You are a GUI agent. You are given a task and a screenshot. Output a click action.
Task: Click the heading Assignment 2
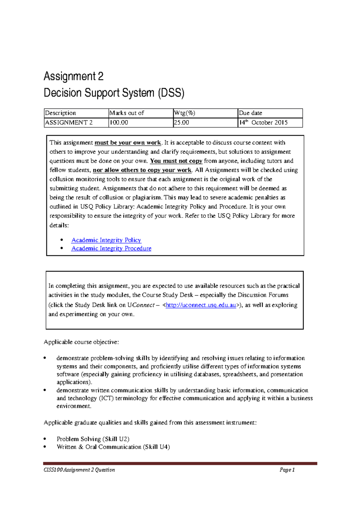pos(73,76)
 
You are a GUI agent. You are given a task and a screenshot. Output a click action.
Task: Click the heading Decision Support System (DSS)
pos(114,93)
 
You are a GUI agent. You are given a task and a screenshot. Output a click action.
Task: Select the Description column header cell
pos(60,113)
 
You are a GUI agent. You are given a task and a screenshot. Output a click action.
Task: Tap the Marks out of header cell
pos(127,113)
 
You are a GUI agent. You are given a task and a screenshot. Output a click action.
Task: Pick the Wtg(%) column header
pos(184,113)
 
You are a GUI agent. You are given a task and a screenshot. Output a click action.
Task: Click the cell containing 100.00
pos(119,123)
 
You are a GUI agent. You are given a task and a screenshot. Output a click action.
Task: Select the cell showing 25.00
pos(181,123)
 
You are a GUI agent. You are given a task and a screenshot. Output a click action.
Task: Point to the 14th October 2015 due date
pos(263,123)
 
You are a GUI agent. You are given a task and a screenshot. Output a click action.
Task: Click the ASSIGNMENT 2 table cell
pos(69,123)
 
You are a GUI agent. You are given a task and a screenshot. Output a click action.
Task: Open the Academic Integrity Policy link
pos(106,240)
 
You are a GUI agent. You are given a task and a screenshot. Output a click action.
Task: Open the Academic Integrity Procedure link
pos(111,249)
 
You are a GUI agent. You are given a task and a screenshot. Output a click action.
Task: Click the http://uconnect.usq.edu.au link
pos(201,305)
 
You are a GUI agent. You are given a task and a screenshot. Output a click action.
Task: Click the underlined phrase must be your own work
pos(128,143)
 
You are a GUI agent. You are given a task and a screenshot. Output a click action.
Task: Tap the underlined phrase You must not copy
pos(176,161)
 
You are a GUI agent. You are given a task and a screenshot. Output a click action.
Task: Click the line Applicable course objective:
pos(81,342)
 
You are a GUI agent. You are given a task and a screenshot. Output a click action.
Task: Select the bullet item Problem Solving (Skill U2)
pos(93,439)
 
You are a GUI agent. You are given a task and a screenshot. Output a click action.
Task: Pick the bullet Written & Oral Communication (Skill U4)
pos(113,447)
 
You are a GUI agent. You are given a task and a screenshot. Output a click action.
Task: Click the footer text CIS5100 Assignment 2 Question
pos(79,470)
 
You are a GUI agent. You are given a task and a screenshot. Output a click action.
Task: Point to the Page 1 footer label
pos(287,470)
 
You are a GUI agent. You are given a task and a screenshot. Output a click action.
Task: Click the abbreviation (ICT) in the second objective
pos(106,398)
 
